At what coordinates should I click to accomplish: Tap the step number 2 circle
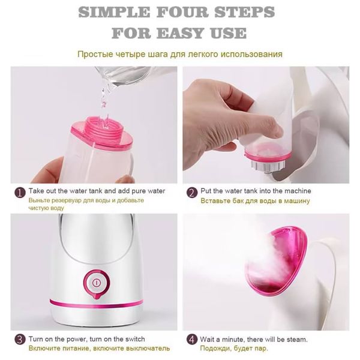click(x=191, y=193)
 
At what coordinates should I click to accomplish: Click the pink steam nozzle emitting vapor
click(x=287, y=259)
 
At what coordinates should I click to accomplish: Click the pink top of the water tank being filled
click(x=100, y=129)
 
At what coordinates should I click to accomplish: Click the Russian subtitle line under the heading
click(x=179, y=54)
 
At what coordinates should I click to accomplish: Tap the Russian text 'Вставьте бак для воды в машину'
click(x=255, y=200)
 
